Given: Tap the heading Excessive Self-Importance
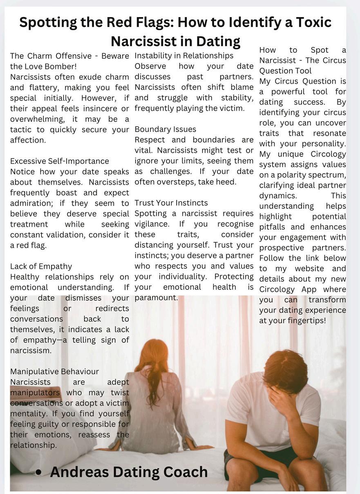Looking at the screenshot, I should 60,161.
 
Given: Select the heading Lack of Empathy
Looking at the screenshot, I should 41,266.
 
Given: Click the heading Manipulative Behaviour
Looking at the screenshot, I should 54,371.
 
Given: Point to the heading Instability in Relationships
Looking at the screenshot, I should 184,56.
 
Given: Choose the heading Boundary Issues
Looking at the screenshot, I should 165,130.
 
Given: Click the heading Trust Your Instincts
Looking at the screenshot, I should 171,203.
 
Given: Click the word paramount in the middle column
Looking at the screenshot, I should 156,298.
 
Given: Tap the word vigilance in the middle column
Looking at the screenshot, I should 151,224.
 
